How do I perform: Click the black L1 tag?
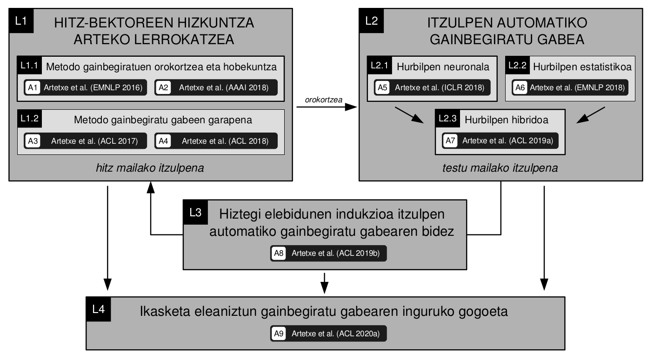21,21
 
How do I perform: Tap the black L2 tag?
371,21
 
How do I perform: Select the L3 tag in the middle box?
196,212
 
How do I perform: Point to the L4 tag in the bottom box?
99,309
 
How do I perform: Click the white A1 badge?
33,87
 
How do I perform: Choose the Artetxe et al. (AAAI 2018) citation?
224,87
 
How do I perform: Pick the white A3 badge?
33,141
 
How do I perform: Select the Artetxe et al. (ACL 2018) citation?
225,141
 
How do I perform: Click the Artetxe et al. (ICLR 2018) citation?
440,87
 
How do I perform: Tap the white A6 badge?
520,87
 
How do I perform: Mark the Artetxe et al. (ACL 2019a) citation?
508,141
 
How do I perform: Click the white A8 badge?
279,253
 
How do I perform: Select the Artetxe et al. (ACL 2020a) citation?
336,333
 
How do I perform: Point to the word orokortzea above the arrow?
323,100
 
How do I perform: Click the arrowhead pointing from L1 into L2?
351,107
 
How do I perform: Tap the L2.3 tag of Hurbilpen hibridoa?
447,118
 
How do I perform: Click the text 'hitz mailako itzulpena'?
150,168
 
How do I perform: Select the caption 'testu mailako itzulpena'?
500,168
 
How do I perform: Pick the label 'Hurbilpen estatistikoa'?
582,67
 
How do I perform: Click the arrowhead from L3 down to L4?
324,288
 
